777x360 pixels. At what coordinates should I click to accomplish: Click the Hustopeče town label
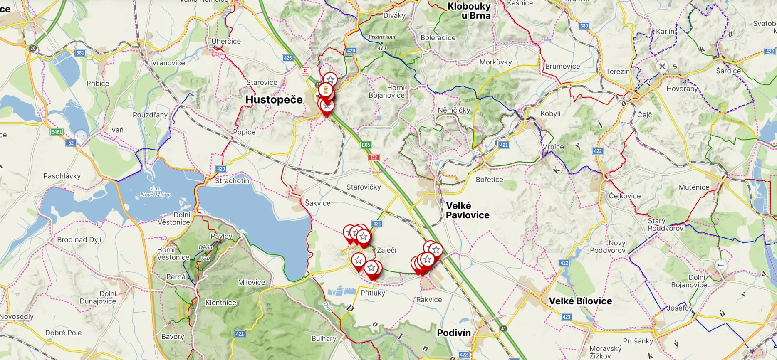pyautogui.click(x=274, y=100)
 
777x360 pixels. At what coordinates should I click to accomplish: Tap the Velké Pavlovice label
pyautogui.click(x=467, y=210)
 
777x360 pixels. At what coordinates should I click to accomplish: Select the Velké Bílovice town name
pyautogui.click(x=580, y=301)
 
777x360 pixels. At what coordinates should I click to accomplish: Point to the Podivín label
pyautogui.click(x=453, y=333)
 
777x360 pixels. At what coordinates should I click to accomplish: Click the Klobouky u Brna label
pyautogui.click(x=469, y=11)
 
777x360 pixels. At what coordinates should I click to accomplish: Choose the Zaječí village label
pyautogui.click(x=386, y=250)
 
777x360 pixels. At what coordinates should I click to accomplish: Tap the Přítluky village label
pyautogui.click(x=373, y=293)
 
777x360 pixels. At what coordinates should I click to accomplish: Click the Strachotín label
pyautogui.click(x=232, y=181)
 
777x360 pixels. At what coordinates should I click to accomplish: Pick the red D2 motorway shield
pyautogui.click(x=374, y=158)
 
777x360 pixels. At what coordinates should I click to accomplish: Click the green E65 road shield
pyautogui.click(x=366, y=145)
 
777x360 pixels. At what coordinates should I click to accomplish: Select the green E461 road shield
pyautogui.click(x=56, y=132)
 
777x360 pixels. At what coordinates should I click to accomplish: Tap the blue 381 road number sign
pyautogui.click(x=80, y=53)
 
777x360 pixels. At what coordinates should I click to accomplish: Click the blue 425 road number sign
pyautogui.click(x=288, y=58)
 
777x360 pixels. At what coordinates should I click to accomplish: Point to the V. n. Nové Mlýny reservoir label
pyautogui.click(x=155, y=192)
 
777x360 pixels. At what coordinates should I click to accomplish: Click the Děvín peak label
pyautogui.click(x=205, y=247)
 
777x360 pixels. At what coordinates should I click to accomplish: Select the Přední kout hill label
pyautogui.click(x=382, y=37)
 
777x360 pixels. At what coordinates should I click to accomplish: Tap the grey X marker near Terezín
pyautogui.click(x=662, y=66)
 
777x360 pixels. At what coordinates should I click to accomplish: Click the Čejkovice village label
pyautogui.click(x=624, y=196)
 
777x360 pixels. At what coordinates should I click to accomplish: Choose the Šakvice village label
pyautogui.click(x=317, y=203)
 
